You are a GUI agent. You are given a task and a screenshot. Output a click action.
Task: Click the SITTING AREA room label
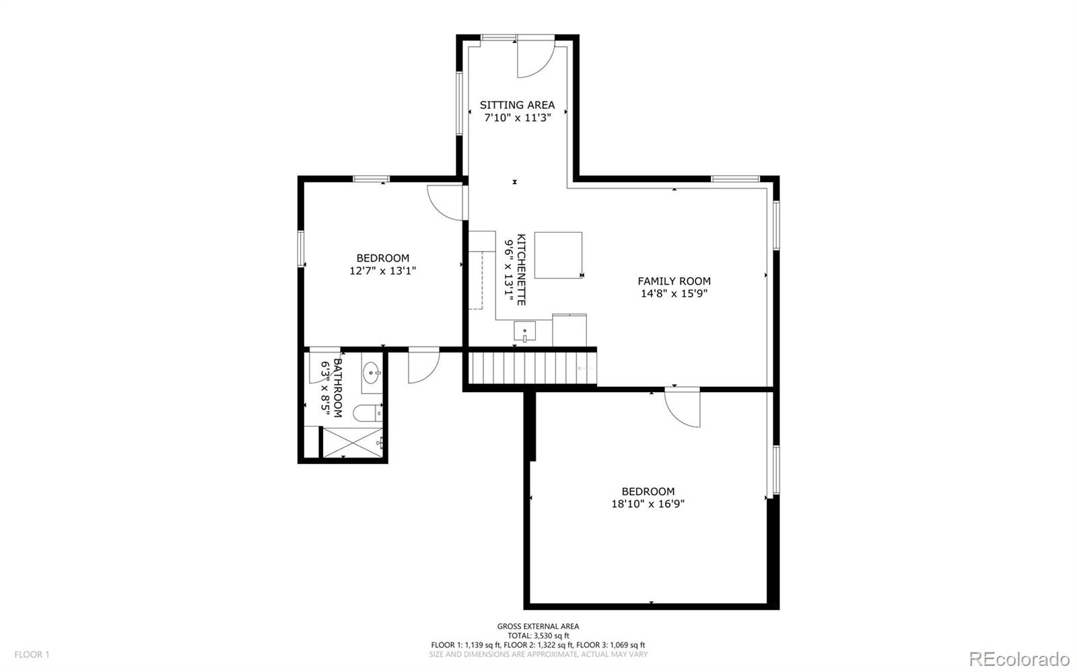click(517, 105)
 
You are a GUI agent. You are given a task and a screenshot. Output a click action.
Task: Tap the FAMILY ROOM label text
click(674, 281)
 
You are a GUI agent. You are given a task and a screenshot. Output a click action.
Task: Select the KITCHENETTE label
click(521, 270)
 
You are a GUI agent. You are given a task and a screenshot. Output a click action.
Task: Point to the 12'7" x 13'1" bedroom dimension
click(383, 271)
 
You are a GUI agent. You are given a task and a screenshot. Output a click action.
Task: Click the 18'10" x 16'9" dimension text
click(648, 504)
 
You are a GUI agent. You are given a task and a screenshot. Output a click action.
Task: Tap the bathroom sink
click(372, 373)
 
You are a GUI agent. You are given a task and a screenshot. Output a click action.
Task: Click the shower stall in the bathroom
click(353, 443)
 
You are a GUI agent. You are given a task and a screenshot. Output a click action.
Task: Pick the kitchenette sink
click(524, 332)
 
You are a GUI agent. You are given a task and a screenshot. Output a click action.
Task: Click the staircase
click(532, 368)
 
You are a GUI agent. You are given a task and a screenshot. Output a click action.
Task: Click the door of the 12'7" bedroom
click(446, 202)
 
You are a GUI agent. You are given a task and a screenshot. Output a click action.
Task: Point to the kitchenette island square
click(558, 255)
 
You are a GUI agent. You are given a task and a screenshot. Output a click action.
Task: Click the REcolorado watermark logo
click(1019, 658)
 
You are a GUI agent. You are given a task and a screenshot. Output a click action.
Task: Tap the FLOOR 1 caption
click(32, 655)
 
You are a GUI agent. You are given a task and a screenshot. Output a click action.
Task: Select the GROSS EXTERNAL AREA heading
click(538, 626)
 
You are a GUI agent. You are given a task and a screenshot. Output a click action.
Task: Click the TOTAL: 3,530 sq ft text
click(538, 636)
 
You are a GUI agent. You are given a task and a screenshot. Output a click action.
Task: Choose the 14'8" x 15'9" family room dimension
click(674, 293)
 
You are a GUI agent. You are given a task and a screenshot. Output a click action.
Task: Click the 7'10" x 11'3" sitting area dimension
click(518, 117)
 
